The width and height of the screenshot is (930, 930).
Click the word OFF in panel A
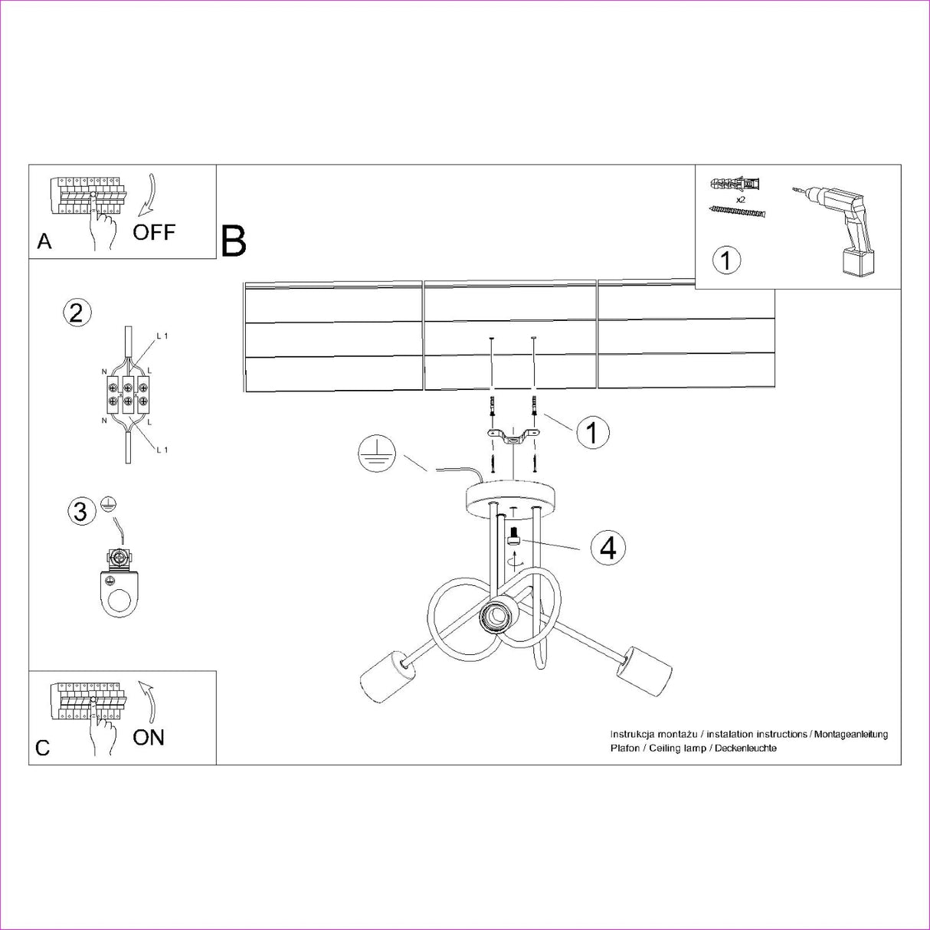point(154,232)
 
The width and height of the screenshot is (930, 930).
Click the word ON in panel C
point(149,737)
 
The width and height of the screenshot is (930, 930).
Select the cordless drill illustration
point(836,231)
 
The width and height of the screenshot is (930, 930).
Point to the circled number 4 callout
point(608,548)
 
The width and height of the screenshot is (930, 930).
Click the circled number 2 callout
point(77,313)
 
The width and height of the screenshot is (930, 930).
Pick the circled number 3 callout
point(80,511)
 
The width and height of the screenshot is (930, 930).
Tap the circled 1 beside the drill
point(726,260)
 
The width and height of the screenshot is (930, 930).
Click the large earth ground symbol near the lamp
point(376,456)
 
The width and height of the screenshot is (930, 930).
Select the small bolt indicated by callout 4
point(513,536)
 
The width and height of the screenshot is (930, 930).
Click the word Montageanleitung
point(851,734)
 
